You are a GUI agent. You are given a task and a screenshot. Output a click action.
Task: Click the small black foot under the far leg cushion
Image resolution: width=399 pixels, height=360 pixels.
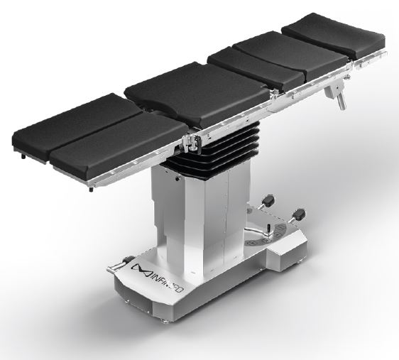(24, 157)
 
